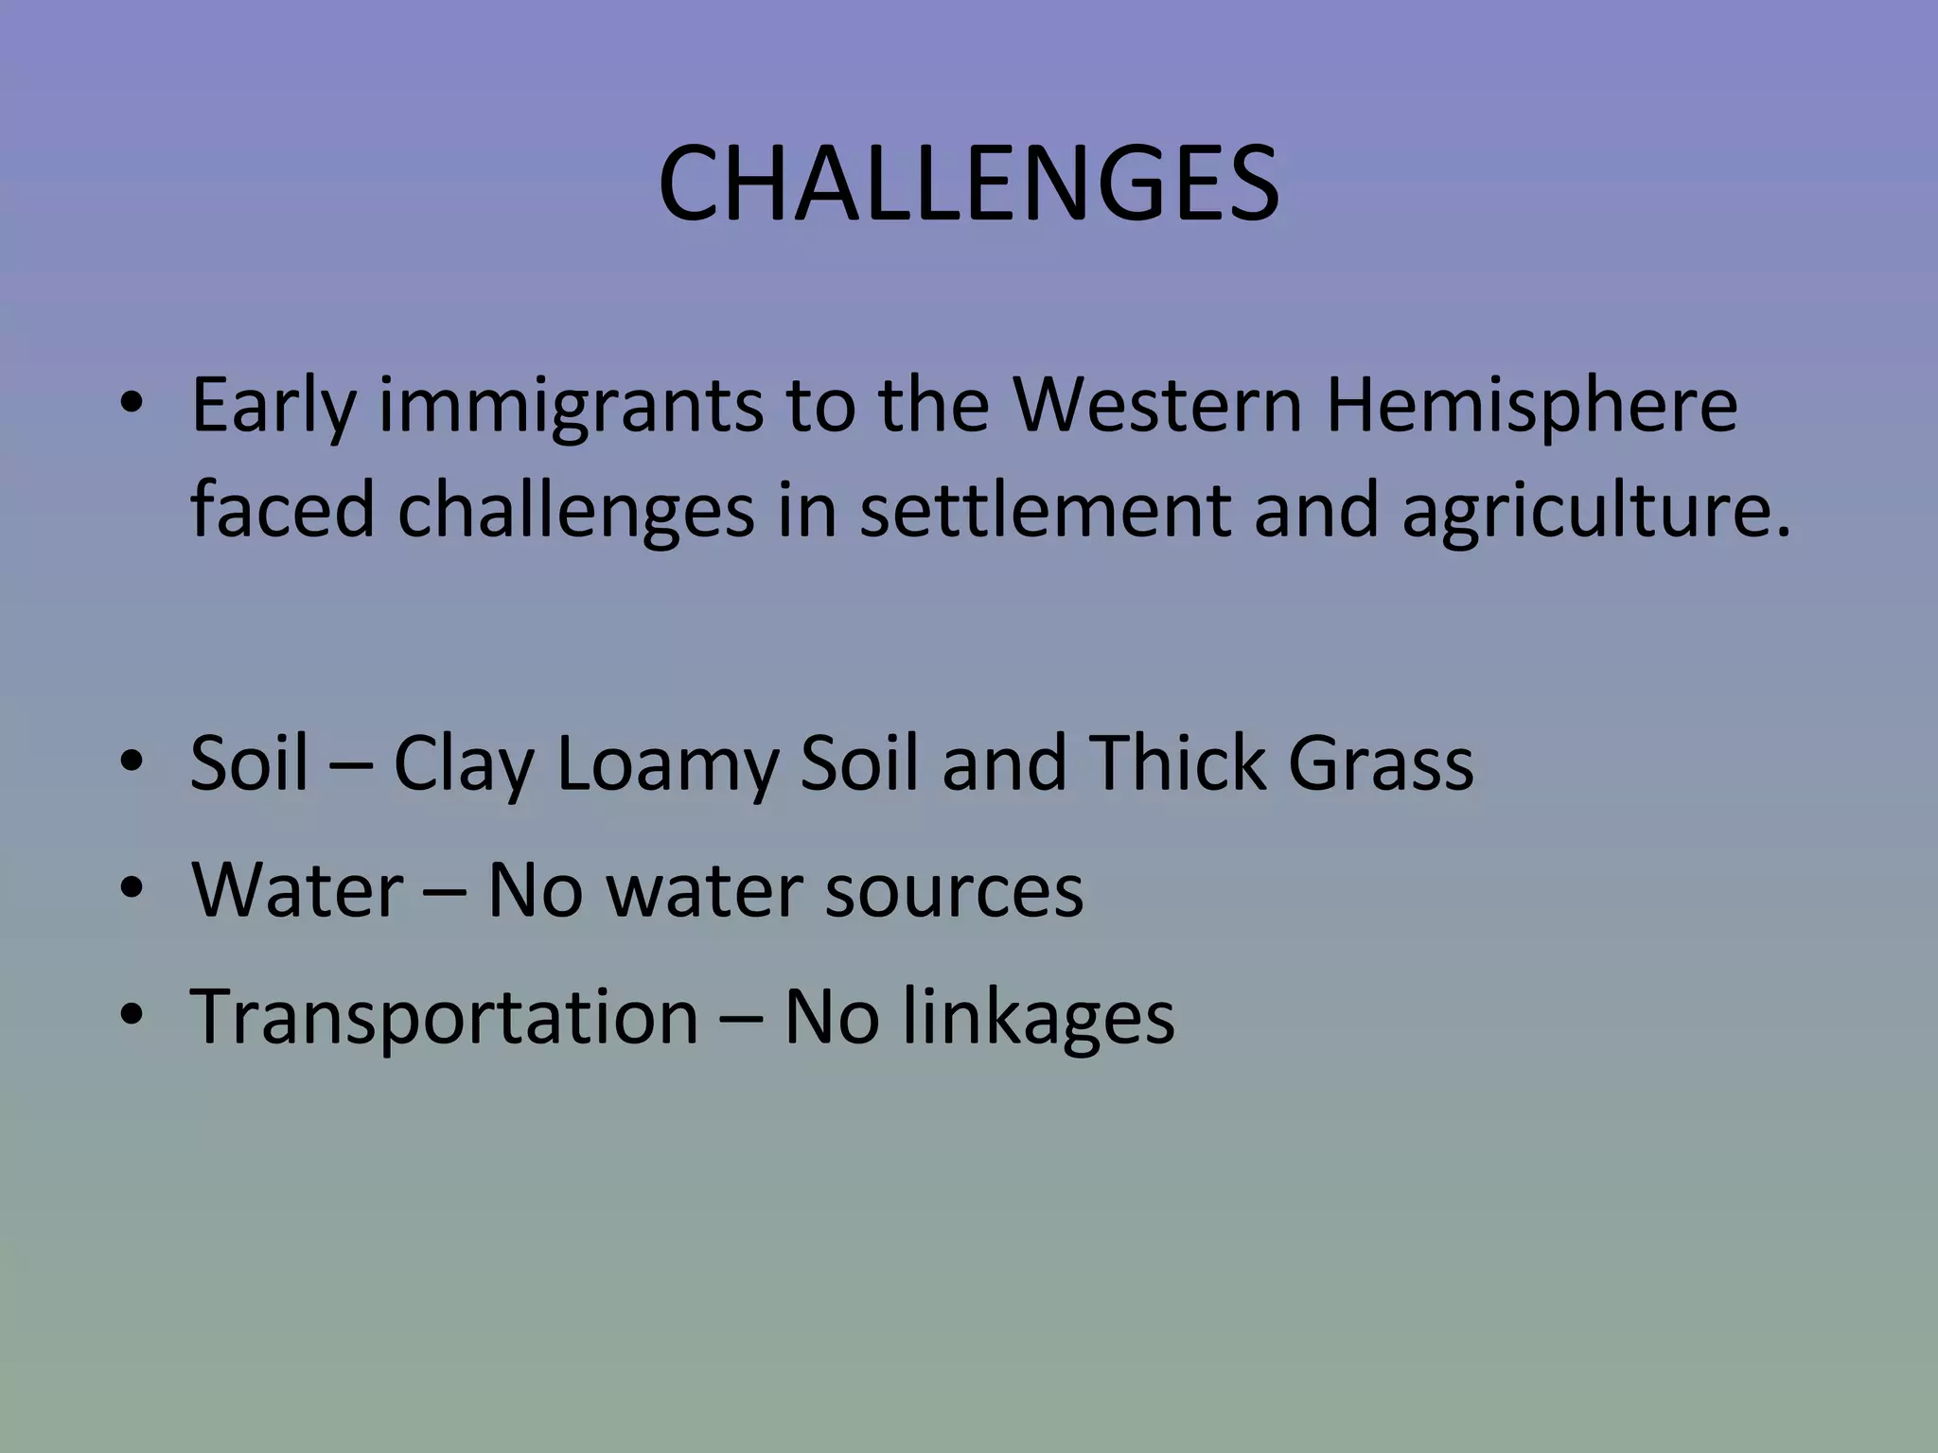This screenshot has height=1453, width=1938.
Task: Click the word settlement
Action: tap(1046, 511)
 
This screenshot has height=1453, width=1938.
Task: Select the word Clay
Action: tap(463, 764)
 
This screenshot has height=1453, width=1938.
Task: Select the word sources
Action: tap(953, 891)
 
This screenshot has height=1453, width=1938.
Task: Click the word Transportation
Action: tap(445, 1016)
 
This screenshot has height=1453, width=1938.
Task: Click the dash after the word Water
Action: tap(444, 893)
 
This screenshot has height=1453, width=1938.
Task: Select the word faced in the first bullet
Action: tap(283, 511)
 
